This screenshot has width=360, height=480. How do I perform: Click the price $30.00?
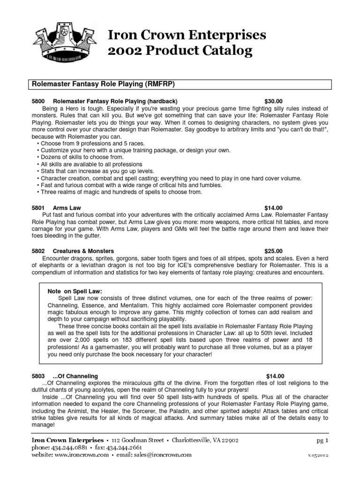(x=274, y=101)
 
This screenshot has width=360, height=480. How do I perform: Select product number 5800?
(x=37, y=101)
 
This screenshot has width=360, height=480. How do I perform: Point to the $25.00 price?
(x=274, y=251)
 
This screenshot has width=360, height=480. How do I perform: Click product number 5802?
(x=37, y=251)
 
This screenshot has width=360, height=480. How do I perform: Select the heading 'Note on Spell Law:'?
(x=75, y=291)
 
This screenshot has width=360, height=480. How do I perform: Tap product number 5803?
(x=37, y=376)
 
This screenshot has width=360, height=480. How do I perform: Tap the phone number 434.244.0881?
(x=69, y=447)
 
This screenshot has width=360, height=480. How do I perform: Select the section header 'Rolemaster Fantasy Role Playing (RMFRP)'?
(x=103, y=84)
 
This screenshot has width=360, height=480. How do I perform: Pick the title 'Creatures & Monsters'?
(x=83, y=251)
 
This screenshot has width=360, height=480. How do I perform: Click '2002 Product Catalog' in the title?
(x=181, y=50)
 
